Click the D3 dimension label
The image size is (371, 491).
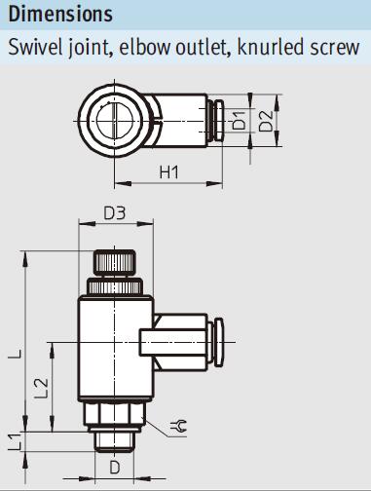click(115, 213)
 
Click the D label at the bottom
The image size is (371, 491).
click(115, 468)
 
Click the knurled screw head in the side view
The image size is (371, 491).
click(115, 263)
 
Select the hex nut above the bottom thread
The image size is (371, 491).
click(115, 416)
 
